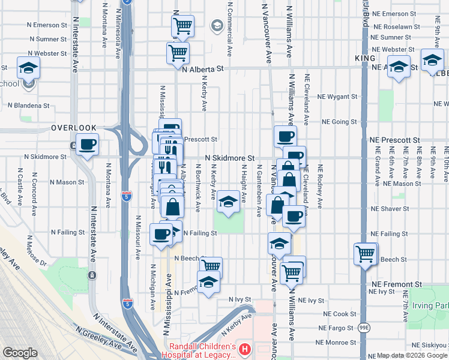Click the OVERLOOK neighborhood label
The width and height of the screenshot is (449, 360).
pyautogui.click(x=74, y=128)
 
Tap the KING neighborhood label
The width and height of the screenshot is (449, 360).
pyautogui.click(x=364, y=58)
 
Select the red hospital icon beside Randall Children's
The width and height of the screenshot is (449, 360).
pyautogui.click(x=244, y=348)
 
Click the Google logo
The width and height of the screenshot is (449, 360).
pyautogui.click(x=19, y=353)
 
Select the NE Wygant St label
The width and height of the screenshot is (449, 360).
pyautogui.click(x=337, y=96)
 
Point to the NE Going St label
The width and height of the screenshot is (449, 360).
pyautogui.click(x=339, y=121)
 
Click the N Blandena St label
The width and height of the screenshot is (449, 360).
pyautogui.click(x=29, y=105)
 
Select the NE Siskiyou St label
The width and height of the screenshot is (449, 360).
pyautogui.click(x=430, y=346)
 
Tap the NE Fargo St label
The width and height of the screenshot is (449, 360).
pyautogui.click(x=336, y=328)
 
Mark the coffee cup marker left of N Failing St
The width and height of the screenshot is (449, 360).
pyautogui.click(x=160, y=234)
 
